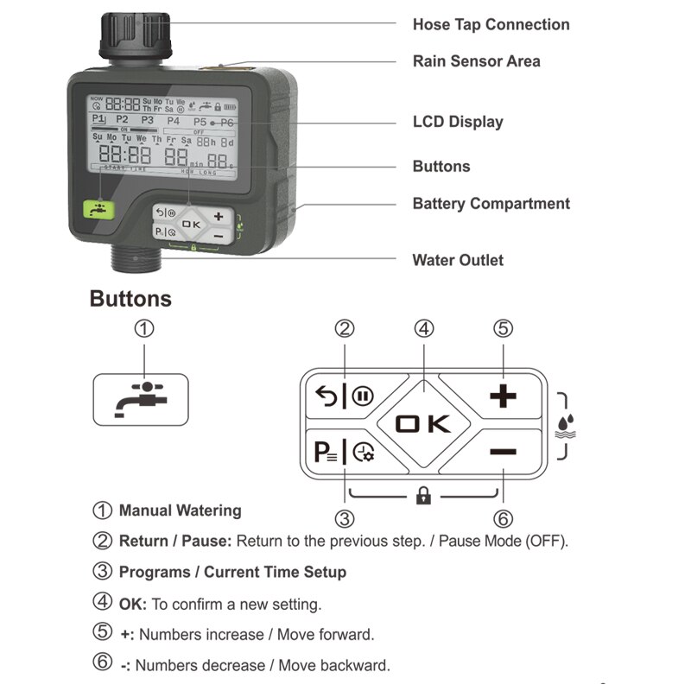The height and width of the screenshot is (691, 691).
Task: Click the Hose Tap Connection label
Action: coord(491,24)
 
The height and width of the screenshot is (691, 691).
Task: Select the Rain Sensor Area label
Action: coord(476,61)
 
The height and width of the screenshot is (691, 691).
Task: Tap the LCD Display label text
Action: coord(457,122)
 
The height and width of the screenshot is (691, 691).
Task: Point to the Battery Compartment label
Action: coord(491,204)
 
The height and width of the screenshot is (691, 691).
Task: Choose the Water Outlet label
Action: coord(457,260)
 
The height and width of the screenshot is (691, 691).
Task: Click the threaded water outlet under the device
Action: coord(135,258)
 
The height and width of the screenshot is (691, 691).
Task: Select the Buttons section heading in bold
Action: coord(130,299)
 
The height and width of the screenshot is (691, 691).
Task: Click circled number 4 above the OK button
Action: coord(423,329)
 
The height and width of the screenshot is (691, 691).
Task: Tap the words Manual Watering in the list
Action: coord(180,510)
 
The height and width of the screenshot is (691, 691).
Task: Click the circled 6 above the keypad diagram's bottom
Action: coord(503,519)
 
